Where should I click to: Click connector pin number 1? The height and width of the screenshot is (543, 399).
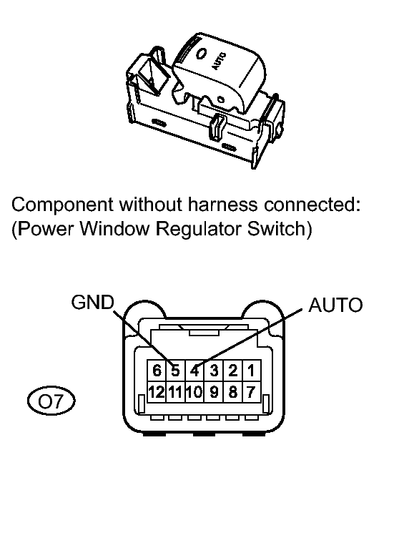click(x=251, y=371)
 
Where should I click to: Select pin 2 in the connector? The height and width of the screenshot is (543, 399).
click(x=233, y=371)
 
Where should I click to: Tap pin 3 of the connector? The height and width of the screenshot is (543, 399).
click(x=215, y=371)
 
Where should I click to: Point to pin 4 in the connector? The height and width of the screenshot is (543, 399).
click(x=194, y=371)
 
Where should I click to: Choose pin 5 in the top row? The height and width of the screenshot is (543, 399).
click(x=176, y=371)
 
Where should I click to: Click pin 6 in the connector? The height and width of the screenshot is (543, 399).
click(x=157, y=371)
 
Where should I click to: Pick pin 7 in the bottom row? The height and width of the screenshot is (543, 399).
click(x=251, y=392)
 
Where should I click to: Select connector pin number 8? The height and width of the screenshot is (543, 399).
click(x=233, y=392)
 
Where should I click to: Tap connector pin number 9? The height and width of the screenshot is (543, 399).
click(x=215, y=392)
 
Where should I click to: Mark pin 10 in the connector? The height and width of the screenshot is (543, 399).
click(x=194, y=392)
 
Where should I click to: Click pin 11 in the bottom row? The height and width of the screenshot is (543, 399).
click(x=176, y=392)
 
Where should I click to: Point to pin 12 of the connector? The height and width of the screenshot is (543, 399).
click(x=157, y=392)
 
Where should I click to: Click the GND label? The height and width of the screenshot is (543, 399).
click(x=92, y=302)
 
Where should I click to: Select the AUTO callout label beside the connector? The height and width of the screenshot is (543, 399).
click(x=335, y=305)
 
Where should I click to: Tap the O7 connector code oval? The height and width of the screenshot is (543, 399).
click(x=51, y=401)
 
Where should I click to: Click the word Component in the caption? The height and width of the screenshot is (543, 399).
click(x=62, y=205)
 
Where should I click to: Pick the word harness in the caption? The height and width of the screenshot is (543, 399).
click(x=223, y=205)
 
